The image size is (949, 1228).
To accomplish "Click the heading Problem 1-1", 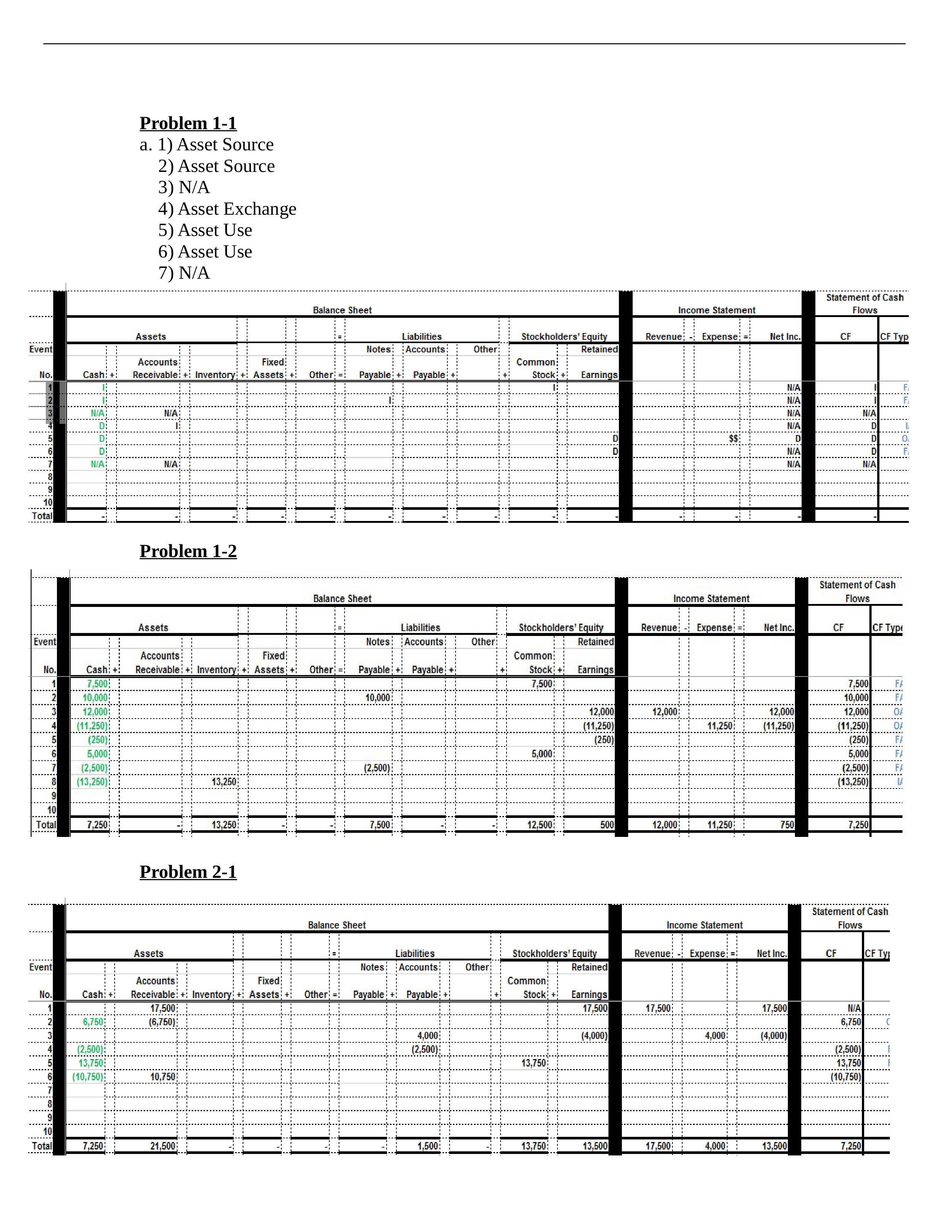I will [188, 123].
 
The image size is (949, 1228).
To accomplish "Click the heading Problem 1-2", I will [188, 551].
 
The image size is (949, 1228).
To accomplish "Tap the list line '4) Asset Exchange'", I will [227, 209].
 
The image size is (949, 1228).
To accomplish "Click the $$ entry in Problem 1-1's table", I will [733, 439].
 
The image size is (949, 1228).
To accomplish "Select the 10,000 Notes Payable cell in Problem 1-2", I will [377, 698].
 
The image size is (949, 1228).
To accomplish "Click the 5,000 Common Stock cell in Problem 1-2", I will [541, 754].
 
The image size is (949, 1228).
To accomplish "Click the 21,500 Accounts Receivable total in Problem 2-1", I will [163, 1146].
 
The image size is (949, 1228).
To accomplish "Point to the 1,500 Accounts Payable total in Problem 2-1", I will [427, 1146].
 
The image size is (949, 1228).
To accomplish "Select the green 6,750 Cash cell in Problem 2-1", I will [93, 1021].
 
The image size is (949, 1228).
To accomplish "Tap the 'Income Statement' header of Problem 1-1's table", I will [716, 310].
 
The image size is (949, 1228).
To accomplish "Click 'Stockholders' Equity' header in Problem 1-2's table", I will [560, 627].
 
